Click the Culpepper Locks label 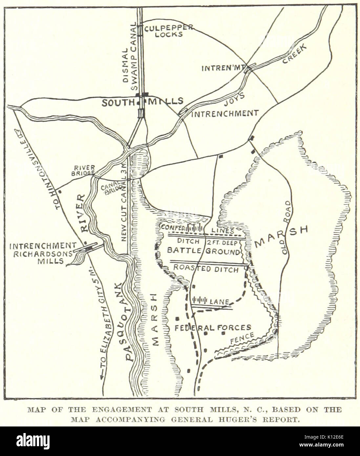coord(168,31)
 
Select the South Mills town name coord(142,102)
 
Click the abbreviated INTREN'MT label coord(223,68)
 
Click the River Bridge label coord(84,170)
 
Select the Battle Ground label coord(203,251)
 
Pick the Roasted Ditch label coord(205,269)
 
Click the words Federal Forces coord(213,327)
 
